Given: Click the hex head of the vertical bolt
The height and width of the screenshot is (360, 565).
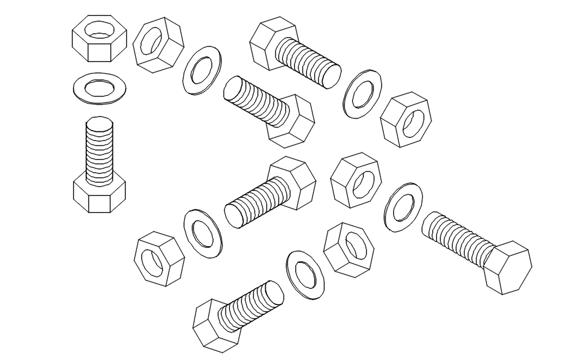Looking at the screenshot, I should (99, 195).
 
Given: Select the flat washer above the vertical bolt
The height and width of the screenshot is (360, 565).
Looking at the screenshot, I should (100, 87).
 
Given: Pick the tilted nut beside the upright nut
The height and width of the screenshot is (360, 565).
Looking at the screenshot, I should (158, 44).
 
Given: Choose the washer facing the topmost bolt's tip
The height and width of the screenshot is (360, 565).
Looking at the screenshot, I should (362, 93).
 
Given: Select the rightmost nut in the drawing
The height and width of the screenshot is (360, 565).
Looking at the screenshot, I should (405, 120).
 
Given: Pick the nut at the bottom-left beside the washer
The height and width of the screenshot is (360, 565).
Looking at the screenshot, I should (158, 258).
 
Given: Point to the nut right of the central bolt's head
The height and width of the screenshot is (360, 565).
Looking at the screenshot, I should (356, 180).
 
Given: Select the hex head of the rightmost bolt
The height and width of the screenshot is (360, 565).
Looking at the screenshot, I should (508, 267).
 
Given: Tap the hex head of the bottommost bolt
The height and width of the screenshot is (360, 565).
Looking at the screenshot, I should (217, 325).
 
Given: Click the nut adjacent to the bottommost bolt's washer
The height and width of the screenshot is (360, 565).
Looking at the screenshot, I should (348, 249).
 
